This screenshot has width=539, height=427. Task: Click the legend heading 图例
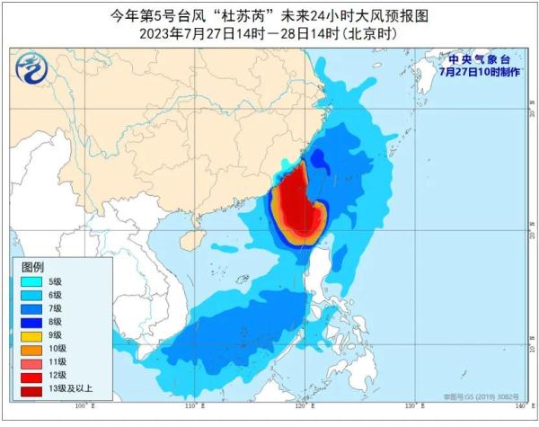[33, 267]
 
